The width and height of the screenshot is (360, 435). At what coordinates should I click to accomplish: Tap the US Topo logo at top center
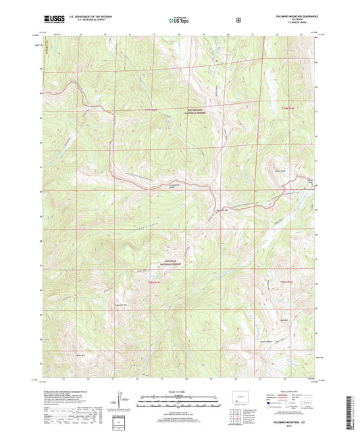[x=179, y=20]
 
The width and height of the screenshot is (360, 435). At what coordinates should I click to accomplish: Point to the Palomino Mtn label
[x=223, y=210]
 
